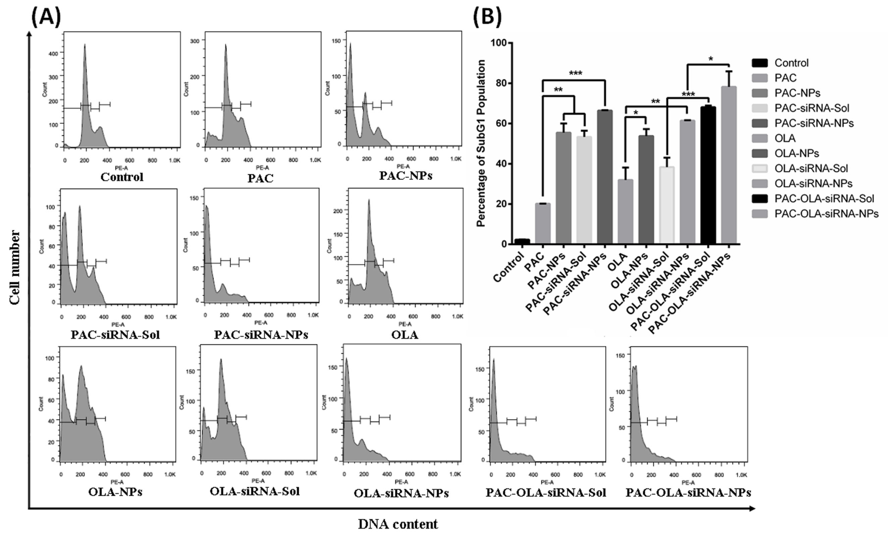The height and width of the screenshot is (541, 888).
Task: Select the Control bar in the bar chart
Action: coord(522,241)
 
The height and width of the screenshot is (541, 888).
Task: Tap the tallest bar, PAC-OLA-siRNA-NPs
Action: coord(728,166)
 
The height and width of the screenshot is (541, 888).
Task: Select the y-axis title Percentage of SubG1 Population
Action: coord(481,143)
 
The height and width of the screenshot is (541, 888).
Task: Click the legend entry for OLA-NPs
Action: coord(796,153)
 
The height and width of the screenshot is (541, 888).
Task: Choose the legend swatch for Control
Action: coord(760,63)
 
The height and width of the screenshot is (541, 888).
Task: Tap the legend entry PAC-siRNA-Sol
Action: coord(812,108)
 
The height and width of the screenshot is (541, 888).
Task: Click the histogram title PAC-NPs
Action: coord(405,176)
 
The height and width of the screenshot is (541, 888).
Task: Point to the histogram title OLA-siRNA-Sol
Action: coord(255,491)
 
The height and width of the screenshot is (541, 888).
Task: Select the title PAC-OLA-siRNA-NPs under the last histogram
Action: coord(688,493)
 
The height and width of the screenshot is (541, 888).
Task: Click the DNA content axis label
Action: coord(398,524)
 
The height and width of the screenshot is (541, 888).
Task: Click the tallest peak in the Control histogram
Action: coord(85,45)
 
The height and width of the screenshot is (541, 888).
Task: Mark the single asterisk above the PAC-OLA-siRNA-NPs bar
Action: coord(710,59)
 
